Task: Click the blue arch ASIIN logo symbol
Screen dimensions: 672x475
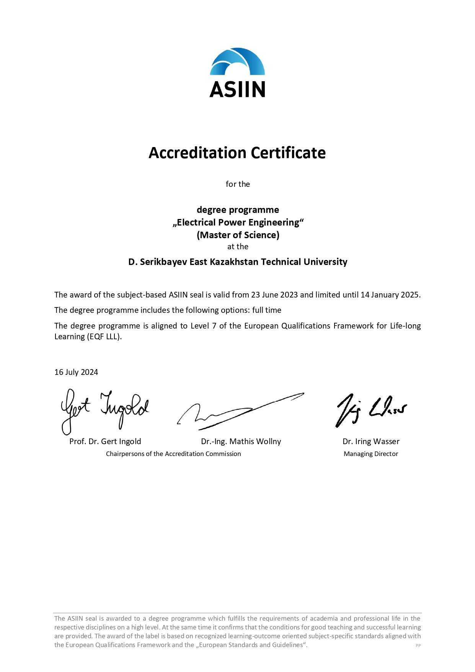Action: pos(237,62)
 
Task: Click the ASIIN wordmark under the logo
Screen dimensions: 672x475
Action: pos(237,89)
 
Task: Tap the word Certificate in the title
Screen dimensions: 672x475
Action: pos(288,153)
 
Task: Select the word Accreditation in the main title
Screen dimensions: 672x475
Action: pos(198,153)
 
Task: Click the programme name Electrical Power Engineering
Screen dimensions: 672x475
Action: pos(238,222)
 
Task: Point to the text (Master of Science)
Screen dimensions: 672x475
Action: pos(238,235)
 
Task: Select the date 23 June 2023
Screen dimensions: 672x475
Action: pos(274,295)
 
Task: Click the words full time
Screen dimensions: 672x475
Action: pos(266,310)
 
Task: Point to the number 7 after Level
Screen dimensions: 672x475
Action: pos(214,326)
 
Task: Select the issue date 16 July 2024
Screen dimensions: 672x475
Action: pos(76,372)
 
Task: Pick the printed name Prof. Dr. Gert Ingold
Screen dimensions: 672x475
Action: pos(105,441)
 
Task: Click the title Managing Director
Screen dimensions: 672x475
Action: pos(371,454)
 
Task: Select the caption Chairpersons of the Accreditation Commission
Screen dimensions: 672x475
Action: pos(173,454)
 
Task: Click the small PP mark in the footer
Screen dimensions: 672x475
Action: pos(418,646)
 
